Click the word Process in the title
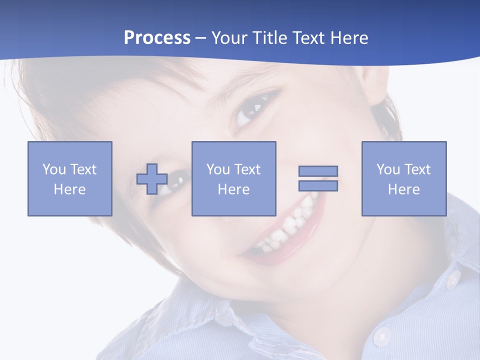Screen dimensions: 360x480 (157, 38)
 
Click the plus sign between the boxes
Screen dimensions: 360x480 (152, 179)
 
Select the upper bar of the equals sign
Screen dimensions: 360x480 (318, 171)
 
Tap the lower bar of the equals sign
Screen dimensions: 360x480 (318, 186)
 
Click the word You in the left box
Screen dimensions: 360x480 (54, 169)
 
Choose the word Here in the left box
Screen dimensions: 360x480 (69, 189)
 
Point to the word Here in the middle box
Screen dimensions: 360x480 (233, 189)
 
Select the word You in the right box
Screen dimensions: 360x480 (388, 169)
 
